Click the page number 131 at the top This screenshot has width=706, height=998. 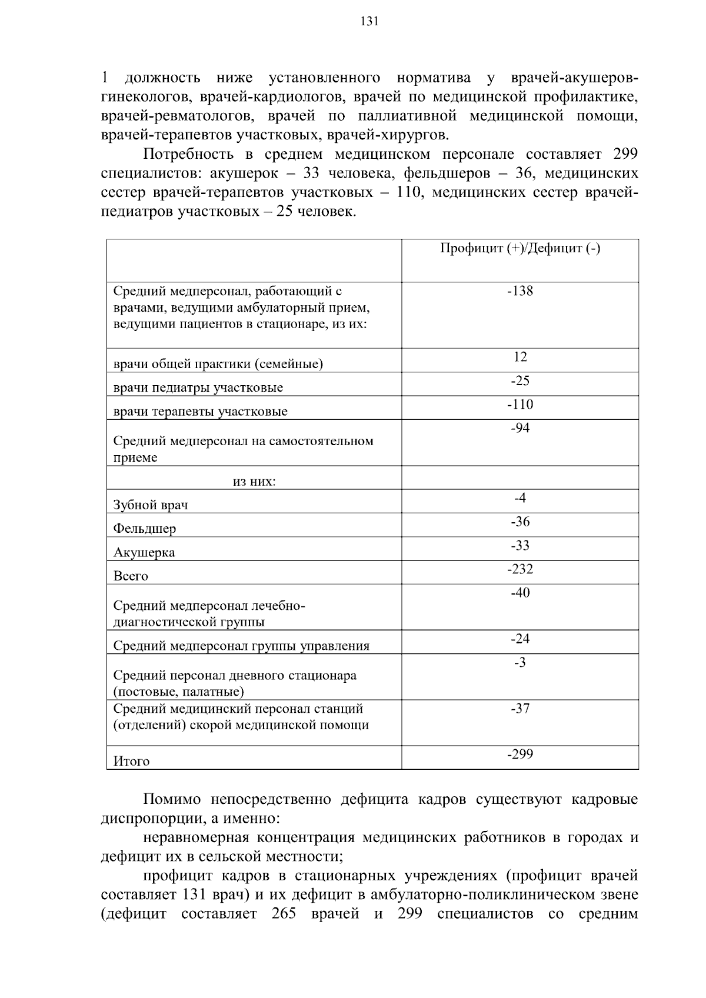369,22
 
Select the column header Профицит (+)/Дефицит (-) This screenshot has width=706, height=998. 520,249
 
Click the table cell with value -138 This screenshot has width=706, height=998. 520,291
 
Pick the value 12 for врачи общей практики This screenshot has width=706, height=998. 520,357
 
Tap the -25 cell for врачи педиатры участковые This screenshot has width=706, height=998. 520,381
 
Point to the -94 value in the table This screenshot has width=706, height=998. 520,428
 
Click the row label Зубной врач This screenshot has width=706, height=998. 151,505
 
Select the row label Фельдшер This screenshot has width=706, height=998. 145,529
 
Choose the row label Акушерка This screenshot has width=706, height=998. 144,553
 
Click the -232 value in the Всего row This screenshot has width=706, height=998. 520,569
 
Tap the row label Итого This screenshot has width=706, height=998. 131,762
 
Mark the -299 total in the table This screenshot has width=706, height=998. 520,755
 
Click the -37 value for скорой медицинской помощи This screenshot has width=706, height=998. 520,709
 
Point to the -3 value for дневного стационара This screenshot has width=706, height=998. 520,663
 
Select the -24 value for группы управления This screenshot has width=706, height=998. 520,639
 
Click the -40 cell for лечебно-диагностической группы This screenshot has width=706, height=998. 520,593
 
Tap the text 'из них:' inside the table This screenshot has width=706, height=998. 254,482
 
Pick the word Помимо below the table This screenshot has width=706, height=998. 172,800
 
